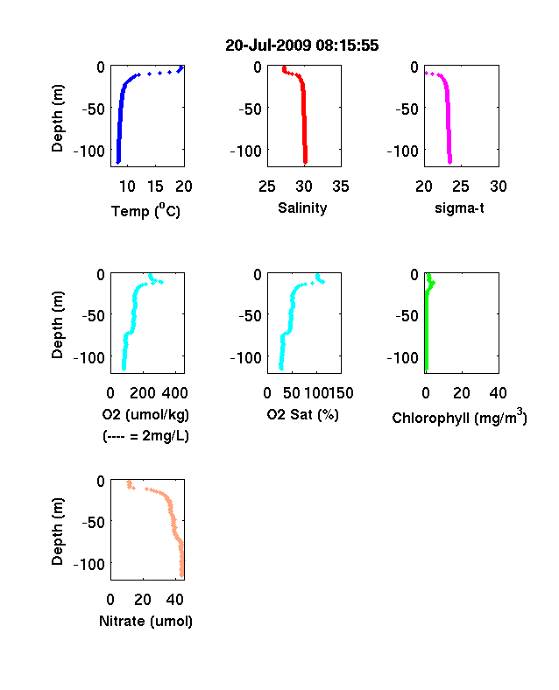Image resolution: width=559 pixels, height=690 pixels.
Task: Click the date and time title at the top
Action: click(302, 46)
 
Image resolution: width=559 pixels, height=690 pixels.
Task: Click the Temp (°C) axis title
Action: click(145, 211)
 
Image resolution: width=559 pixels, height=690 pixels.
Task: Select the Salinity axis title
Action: click(302, 208)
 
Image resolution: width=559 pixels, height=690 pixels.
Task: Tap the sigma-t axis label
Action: click(459, 208)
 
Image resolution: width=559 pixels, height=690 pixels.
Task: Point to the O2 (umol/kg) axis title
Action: click(145, 414)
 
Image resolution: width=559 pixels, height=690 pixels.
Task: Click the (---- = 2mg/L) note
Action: click(145, 436)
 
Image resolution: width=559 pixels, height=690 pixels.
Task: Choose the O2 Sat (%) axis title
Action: click(303, 414)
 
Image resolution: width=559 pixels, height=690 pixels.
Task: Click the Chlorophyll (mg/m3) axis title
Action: click(459, 416)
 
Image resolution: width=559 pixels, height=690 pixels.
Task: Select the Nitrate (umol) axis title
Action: click(145, 621)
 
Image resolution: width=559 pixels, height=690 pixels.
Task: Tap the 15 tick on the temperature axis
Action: click(155, 187)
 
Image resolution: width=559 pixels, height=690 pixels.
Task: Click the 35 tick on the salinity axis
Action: click(341, 187)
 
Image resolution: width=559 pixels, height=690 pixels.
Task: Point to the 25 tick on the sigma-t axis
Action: click(460, 187)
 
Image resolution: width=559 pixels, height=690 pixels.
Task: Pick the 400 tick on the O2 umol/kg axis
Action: click(175, 393)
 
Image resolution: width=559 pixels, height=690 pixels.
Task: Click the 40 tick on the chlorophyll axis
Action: click(498, 393)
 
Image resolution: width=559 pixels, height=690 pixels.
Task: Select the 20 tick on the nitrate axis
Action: click(143, 599)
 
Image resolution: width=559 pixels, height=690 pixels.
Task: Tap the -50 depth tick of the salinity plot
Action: click(250, 109)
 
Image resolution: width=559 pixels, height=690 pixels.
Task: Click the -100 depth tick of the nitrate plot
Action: click(89, 564)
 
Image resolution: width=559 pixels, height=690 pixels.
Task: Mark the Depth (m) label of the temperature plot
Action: click(57, 118)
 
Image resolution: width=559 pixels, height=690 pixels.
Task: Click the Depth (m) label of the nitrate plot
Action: click(57, 532)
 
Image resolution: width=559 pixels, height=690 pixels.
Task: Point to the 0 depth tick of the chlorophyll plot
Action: click(414, 275)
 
